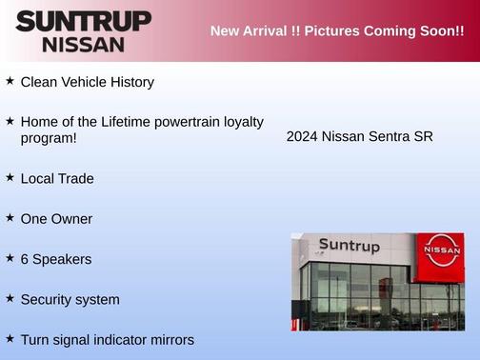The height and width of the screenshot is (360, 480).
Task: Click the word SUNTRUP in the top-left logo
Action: point(84,21)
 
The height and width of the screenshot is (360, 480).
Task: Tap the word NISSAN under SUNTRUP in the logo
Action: point(84,44)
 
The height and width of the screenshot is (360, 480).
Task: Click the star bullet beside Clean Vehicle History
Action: point(10,81)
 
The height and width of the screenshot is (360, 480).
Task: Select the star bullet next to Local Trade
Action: point(10,177)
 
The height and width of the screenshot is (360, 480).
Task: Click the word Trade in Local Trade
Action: point(75,178)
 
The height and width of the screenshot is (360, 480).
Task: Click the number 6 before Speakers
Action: point(25,259)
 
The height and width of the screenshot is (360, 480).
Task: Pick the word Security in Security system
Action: point(49,299)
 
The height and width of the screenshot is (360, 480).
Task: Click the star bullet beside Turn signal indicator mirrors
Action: point(10,338)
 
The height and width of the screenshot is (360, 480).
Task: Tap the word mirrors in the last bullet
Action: point(169,340)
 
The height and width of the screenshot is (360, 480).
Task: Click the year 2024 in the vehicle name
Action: point(302,136)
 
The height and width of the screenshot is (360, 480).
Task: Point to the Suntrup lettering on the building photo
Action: point(349,247)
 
